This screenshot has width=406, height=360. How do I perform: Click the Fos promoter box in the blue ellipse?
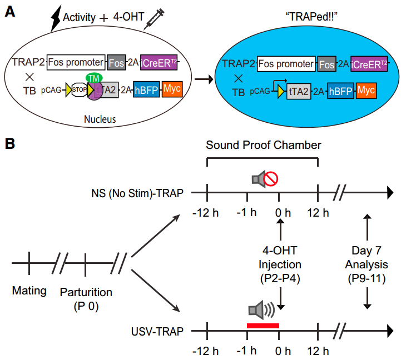tap(285, 64)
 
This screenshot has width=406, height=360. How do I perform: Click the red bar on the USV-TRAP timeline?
tap(263, 326)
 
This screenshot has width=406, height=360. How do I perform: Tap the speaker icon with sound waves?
tap(260, 309)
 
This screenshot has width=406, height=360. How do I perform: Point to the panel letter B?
tap(10, 144)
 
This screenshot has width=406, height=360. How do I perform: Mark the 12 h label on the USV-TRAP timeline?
tap(318, 351)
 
